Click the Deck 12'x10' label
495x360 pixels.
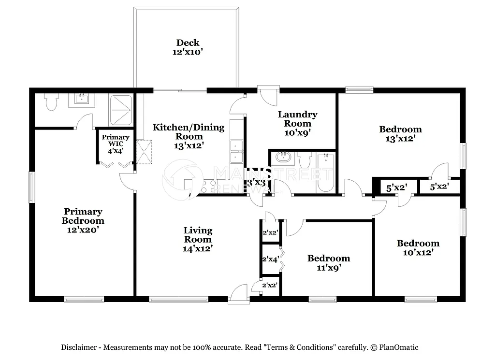coord(188,47)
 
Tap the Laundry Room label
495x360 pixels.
coord(297,123)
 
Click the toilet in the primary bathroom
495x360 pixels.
coord(51,102)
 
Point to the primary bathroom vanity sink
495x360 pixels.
coord(81,100)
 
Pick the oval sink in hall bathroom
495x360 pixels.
coord(282,157)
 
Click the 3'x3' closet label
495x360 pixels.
coord(256,183)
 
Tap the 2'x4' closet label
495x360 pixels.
coord(270,259)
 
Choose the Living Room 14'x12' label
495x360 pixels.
coord(198,240)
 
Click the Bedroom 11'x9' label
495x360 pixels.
coord(329,263)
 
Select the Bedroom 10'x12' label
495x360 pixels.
coord(418,248)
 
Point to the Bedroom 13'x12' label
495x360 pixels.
coord(400,134)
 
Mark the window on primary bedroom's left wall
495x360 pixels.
coord(31,187)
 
